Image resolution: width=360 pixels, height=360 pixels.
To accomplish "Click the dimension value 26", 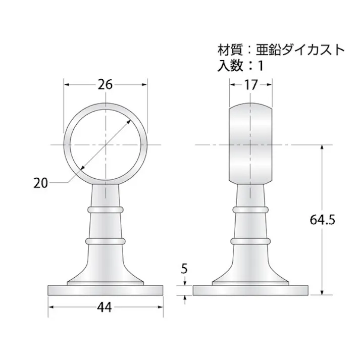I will tap(105, 85).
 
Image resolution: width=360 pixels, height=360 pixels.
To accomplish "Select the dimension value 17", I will tap(251, 85).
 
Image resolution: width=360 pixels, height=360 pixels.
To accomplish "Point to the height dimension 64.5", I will tap(324, 220).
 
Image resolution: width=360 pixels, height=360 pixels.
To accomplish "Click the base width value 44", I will tap(106, 307).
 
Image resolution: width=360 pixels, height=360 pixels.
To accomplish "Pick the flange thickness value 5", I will tap(184, 269).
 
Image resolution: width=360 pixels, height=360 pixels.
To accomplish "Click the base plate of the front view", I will tap(106, 290).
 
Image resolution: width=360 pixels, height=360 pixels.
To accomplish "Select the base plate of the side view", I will tap(251, 290).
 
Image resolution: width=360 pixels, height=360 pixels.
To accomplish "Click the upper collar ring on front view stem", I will tap(106, 208).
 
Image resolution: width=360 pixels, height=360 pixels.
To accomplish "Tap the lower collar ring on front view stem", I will tap(106, 241).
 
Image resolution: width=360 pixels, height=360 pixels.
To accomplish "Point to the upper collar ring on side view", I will tap(251, 208).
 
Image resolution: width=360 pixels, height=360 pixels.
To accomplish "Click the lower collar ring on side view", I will tap(251, 241).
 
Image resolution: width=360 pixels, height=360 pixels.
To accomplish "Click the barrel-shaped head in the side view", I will tap(251, 145).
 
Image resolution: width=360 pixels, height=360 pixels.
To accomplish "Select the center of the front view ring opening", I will tap(106, 145).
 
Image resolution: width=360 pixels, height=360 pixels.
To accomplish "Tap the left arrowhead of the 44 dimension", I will tap(50, 307).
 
